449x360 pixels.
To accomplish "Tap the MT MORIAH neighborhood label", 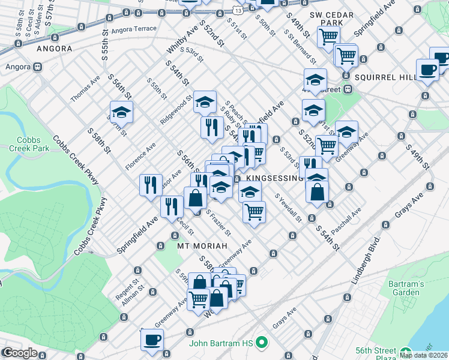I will pos(202,246).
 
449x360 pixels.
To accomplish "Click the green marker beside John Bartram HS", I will pos(261,343).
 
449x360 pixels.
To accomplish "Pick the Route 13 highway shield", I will pos(239,11).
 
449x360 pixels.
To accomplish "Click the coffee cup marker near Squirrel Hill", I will pos(427,70).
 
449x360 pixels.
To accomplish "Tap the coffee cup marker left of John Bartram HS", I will pos(152,340).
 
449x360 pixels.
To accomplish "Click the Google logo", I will pos(20,353).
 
